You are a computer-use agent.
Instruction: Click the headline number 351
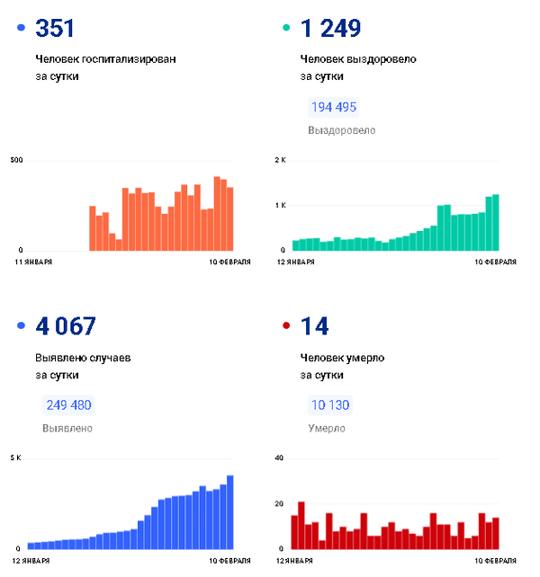click(x=56, y=29)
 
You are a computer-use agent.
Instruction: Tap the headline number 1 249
click(x=330, y=29)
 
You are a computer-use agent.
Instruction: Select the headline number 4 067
click(x=65, y=327)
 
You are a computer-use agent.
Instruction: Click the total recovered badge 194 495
click(x=333, y=107)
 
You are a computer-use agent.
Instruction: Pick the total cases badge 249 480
click(x=68, y=405)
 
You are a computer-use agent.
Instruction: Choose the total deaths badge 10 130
click(x=328, y=405)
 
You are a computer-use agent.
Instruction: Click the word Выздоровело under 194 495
click(x=341, y=130)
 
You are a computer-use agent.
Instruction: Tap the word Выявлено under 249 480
click(x=67, y=429)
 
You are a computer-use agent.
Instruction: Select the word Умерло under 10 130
click(x=326, y=429)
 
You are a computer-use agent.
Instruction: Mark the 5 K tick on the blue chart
click(x=15, y=459)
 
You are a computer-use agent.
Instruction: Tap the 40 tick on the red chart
click(x=279, y=459)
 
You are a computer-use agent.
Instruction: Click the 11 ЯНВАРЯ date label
click(x=33, y=262)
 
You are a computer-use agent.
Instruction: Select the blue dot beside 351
click(x=21, y=29)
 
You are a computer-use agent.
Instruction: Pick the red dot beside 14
click(x=286, y=327)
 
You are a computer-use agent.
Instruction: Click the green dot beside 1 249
click(x=286, y=29)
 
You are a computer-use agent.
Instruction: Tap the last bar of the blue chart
click(x=230, y=512)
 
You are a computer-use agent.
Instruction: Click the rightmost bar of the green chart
click(x=495, y=222)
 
